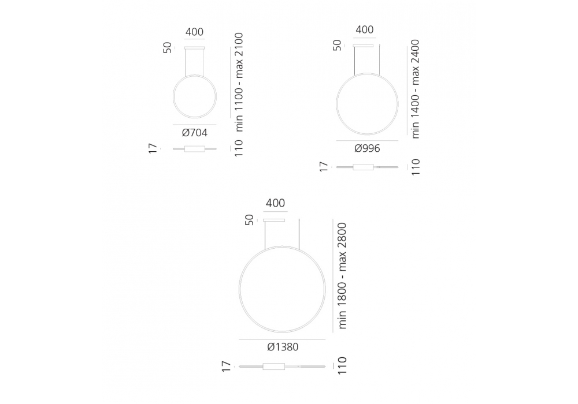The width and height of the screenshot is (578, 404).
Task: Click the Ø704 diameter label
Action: [195, 133]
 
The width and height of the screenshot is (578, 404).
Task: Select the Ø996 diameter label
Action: [367, 148]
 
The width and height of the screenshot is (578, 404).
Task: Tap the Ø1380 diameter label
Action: [283, 347]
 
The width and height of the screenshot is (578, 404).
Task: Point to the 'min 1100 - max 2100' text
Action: [239, 82]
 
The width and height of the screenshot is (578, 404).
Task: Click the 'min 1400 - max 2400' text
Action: [415, 89]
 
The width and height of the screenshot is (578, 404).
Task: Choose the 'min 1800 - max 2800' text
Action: [342, 276]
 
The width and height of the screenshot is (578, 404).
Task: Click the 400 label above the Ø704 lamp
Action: [194, 32]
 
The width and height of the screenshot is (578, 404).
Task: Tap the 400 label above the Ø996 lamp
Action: [365, 29]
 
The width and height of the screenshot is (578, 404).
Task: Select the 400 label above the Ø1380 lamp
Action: [275, 203]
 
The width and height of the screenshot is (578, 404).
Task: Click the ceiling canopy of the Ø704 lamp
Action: [194, 47]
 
